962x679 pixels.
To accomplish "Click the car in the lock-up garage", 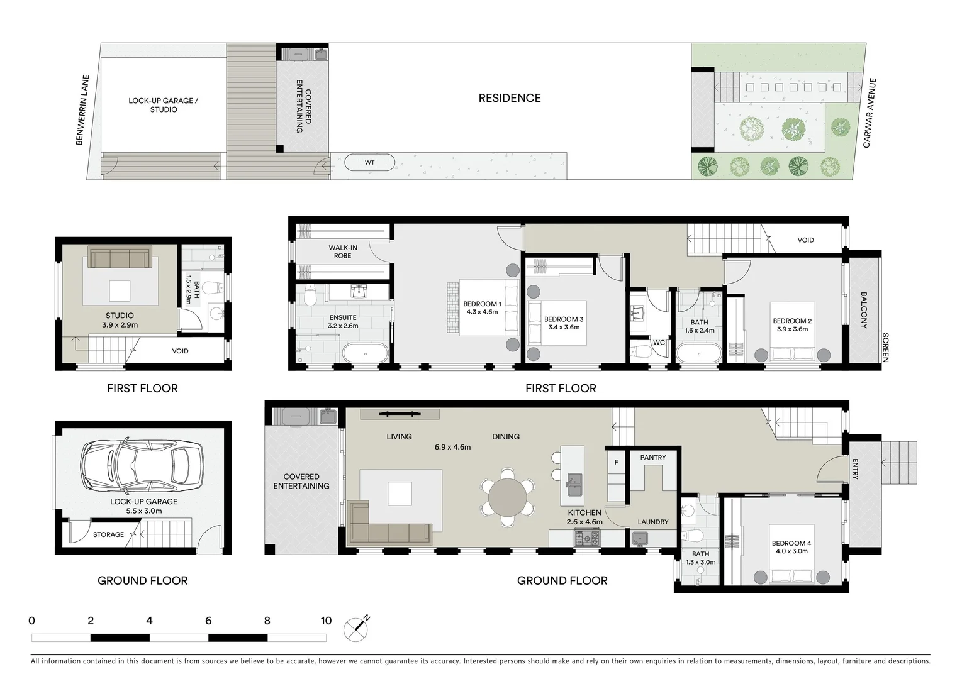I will click(142, 466).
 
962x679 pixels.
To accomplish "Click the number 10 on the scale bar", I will click(325, 621).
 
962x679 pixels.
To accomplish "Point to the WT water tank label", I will click(369, 163).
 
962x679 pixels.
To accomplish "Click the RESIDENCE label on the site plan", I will click(509, 98).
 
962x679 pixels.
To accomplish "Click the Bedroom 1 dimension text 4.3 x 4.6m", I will click(482, 312).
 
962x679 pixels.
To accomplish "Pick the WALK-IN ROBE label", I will click(342, 251).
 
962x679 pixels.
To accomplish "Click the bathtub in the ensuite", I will click(366, 353).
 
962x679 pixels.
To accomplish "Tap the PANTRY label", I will click(652, 458).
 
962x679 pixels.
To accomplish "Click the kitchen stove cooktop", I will click(586, 538).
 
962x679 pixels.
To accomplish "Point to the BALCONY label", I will click(864, 310).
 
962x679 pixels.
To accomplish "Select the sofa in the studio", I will click(120, 258).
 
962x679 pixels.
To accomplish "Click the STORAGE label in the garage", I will click(108, 534).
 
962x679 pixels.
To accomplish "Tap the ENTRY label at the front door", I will click(855, 469).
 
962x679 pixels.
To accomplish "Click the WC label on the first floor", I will click(659, 343).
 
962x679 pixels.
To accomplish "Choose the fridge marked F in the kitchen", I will click(616, 463).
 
